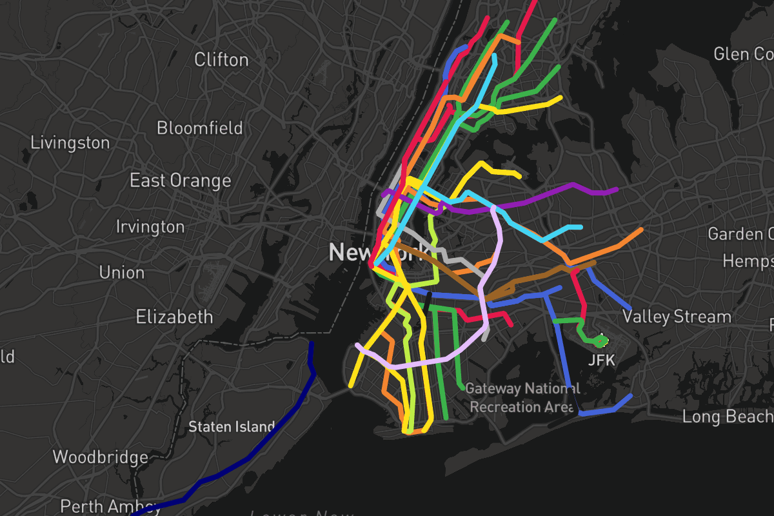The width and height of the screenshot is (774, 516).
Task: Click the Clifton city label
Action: [221, 60]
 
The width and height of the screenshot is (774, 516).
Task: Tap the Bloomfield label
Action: [200, 128]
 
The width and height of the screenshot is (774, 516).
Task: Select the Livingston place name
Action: [70, 143]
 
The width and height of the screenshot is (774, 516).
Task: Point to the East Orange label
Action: [181, 181]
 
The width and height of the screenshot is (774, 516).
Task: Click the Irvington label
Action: [150, 227]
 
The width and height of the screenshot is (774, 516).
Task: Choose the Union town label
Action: [122, 272]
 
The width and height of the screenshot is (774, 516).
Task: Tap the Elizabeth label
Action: [174, 317]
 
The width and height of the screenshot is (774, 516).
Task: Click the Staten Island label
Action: [232, 427]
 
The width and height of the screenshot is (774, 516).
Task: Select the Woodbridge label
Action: [100, 457]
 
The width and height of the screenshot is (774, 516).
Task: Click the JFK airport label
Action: [602, 361]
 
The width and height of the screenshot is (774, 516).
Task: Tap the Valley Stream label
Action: [677, 317]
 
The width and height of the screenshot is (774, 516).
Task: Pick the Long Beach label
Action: [728, 417]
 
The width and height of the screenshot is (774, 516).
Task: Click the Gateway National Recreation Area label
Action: [522, 397]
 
